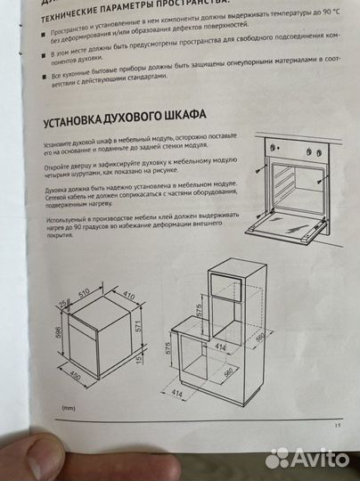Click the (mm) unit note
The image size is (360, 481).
pyautogui.click(x=69, y=409)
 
